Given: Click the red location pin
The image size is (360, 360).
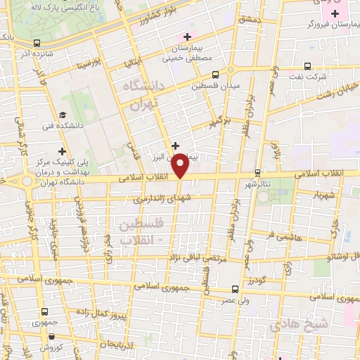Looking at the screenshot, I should tap(181, 165).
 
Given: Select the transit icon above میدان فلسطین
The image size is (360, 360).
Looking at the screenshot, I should tap(215, 73).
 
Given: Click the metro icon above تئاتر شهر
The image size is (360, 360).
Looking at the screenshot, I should tap(258, 172).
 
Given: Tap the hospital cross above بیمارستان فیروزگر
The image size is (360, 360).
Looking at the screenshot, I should tap(336, 13).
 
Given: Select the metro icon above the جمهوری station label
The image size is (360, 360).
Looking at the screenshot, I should tap(45, 311).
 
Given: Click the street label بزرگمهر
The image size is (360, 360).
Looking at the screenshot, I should tap(224, 124).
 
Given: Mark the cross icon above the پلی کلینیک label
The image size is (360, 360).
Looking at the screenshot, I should tap(63, 150).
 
